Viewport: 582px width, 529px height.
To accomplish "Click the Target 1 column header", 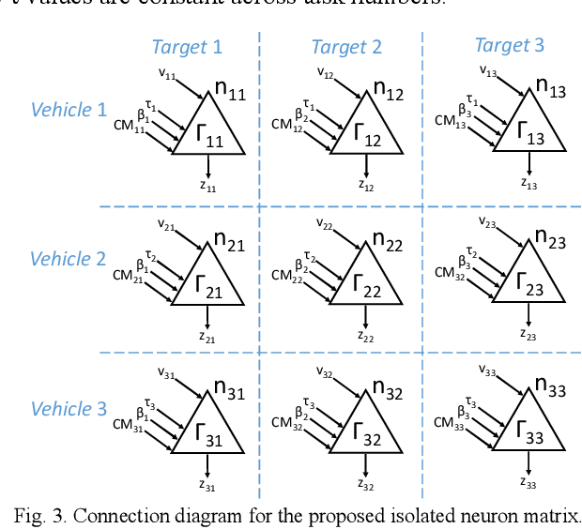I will point(188,47).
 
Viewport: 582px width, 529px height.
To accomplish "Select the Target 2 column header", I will point(346,47).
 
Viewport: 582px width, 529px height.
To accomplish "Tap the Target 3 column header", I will point(510,45).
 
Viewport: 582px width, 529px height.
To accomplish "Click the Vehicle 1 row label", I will point(69,110).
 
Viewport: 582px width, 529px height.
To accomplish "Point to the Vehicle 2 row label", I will point(69,259).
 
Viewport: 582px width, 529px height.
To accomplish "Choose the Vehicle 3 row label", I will point(69,409).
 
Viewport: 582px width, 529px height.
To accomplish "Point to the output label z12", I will point(366,185).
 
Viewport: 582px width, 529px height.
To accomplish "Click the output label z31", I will point(207,485).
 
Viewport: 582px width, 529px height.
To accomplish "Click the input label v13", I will point(488,69).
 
